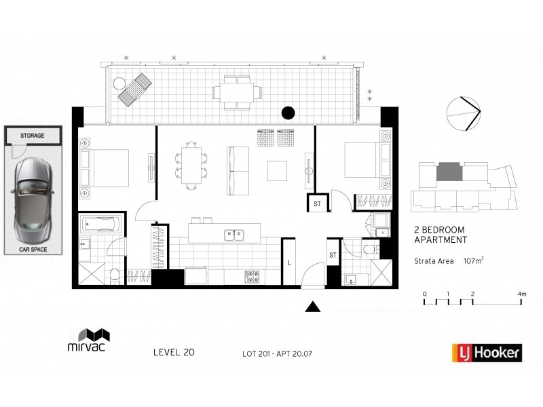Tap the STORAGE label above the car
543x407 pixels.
[32, 136]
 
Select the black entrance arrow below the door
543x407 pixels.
[312, 307]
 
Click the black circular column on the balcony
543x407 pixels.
[288, 113]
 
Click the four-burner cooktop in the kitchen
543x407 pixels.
[252, 276]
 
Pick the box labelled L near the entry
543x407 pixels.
[290, 262]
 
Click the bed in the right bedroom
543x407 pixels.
[360, 160]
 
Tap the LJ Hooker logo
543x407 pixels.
[487, 353]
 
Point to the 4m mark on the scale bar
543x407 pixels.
[521, 294]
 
